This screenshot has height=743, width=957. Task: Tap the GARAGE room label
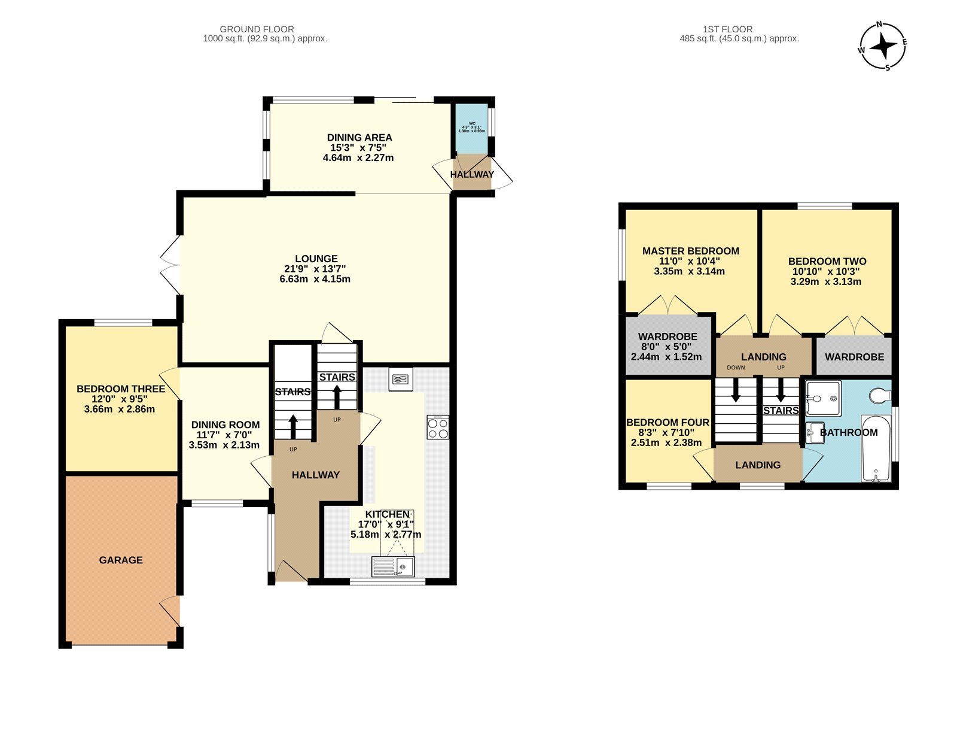coord(121,560)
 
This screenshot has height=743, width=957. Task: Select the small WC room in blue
coord(471,128)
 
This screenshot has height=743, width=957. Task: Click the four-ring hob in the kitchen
coord(438,427)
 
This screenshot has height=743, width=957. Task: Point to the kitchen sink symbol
coord(393,566)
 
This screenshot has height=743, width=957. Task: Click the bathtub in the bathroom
coord(876,448)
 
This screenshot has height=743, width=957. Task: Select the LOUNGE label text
coord(316,259)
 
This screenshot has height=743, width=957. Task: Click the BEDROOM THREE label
coord(121,389)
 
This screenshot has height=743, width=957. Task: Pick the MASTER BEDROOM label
coord(690,251)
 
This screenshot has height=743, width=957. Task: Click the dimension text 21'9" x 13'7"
coord(315,269)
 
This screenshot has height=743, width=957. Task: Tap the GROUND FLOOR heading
coord(257,29)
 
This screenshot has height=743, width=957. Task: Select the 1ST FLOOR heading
coord(727,29)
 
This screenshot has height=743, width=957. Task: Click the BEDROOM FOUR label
coord(668,423)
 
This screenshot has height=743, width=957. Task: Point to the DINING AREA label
coord(359,138)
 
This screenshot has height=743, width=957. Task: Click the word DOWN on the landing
coord(736,368)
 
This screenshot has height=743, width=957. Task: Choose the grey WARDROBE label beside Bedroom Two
coord(854,357)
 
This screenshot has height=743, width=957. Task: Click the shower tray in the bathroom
coord(823,398)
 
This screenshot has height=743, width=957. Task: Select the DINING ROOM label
coord(225,425)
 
